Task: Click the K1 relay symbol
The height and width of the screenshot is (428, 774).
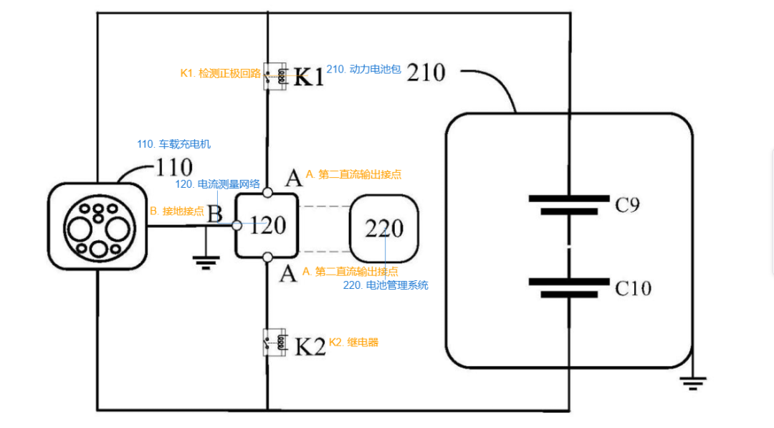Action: tap(275, 76)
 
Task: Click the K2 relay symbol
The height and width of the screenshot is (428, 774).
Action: tap(275, 341)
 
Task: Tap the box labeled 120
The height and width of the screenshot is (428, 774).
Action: tap(267, 226)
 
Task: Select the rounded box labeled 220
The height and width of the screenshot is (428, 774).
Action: tap(384, 229)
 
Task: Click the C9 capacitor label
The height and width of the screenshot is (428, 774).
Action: tap(627, 204)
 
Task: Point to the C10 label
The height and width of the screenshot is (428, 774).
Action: tap(634, 287)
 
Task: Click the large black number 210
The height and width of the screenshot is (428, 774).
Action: tap(426, 72)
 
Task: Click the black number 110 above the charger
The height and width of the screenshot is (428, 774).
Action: tap(174, 167)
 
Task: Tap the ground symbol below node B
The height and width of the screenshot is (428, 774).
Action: tap(206, 262)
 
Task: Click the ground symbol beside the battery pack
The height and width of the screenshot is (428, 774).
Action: tap(692, 383)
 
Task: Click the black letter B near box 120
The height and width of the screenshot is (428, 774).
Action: tap(215, 214)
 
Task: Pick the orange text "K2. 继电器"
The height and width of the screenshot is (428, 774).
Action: tap(353, 342)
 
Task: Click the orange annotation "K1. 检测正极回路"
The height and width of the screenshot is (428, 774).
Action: tap(220, 74)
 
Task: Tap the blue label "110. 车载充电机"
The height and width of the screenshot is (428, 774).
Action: tap(173, 144)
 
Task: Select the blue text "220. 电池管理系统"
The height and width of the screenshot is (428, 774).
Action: tap(386, 285)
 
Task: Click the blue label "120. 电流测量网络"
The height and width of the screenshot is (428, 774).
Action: tap(217, 184)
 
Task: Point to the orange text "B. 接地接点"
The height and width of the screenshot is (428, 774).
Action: tap(177, 211)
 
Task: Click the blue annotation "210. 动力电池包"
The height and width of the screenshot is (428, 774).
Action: tap(364, 69)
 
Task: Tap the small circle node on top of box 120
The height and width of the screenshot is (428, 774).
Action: tap(267, 193)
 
